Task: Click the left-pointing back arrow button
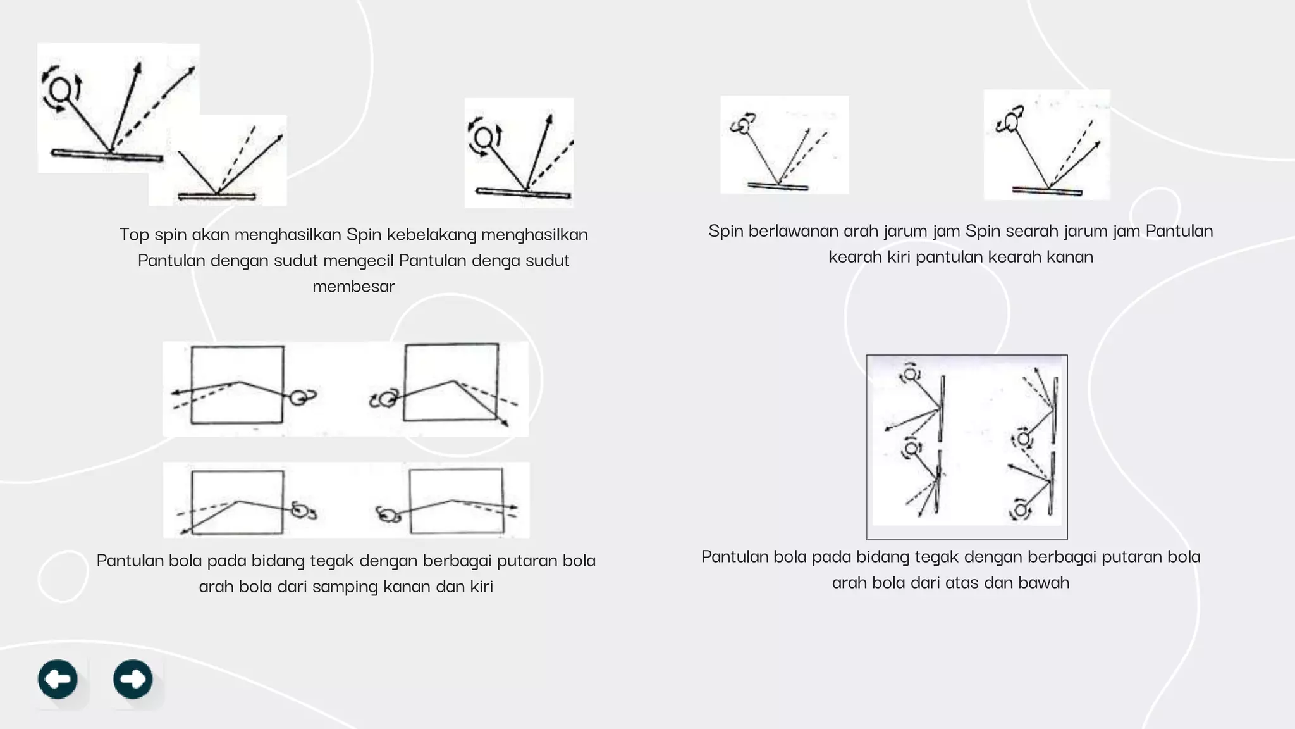point(58,679)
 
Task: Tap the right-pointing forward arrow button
point(133,679)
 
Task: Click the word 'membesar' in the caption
point(353,287)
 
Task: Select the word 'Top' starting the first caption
point(134,235)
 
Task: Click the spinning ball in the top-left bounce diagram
point(61,90)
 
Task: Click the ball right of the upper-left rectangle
point(298,397)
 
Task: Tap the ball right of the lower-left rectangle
point(300,509)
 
